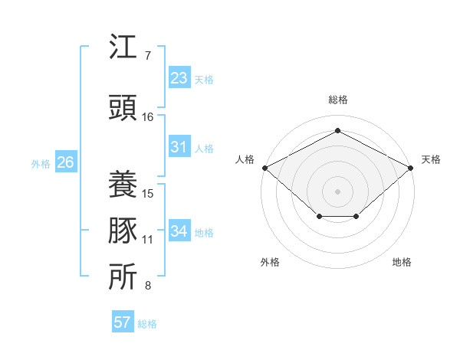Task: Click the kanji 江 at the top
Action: coord(123,48)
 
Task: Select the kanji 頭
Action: coord(123,108)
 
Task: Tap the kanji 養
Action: coord(123,184)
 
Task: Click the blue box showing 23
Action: coord(179,78)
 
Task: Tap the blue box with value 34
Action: coord(179,231)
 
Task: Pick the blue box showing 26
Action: coord(66,162)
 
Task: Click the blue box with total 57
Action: coord(123,322)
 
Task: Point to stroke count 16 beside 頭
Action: coord(148,117)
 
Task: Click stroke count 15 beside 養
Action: coord(148,193)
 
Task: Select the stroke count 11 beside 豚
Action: coord(148,240)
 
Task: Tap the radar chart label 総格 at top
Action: coord(337,100)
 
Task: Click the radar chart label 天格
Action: coord(431,159)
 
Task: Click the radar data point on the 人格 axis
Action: coord(264,168)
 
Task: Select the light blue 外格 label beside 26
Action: coord(40,163)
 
